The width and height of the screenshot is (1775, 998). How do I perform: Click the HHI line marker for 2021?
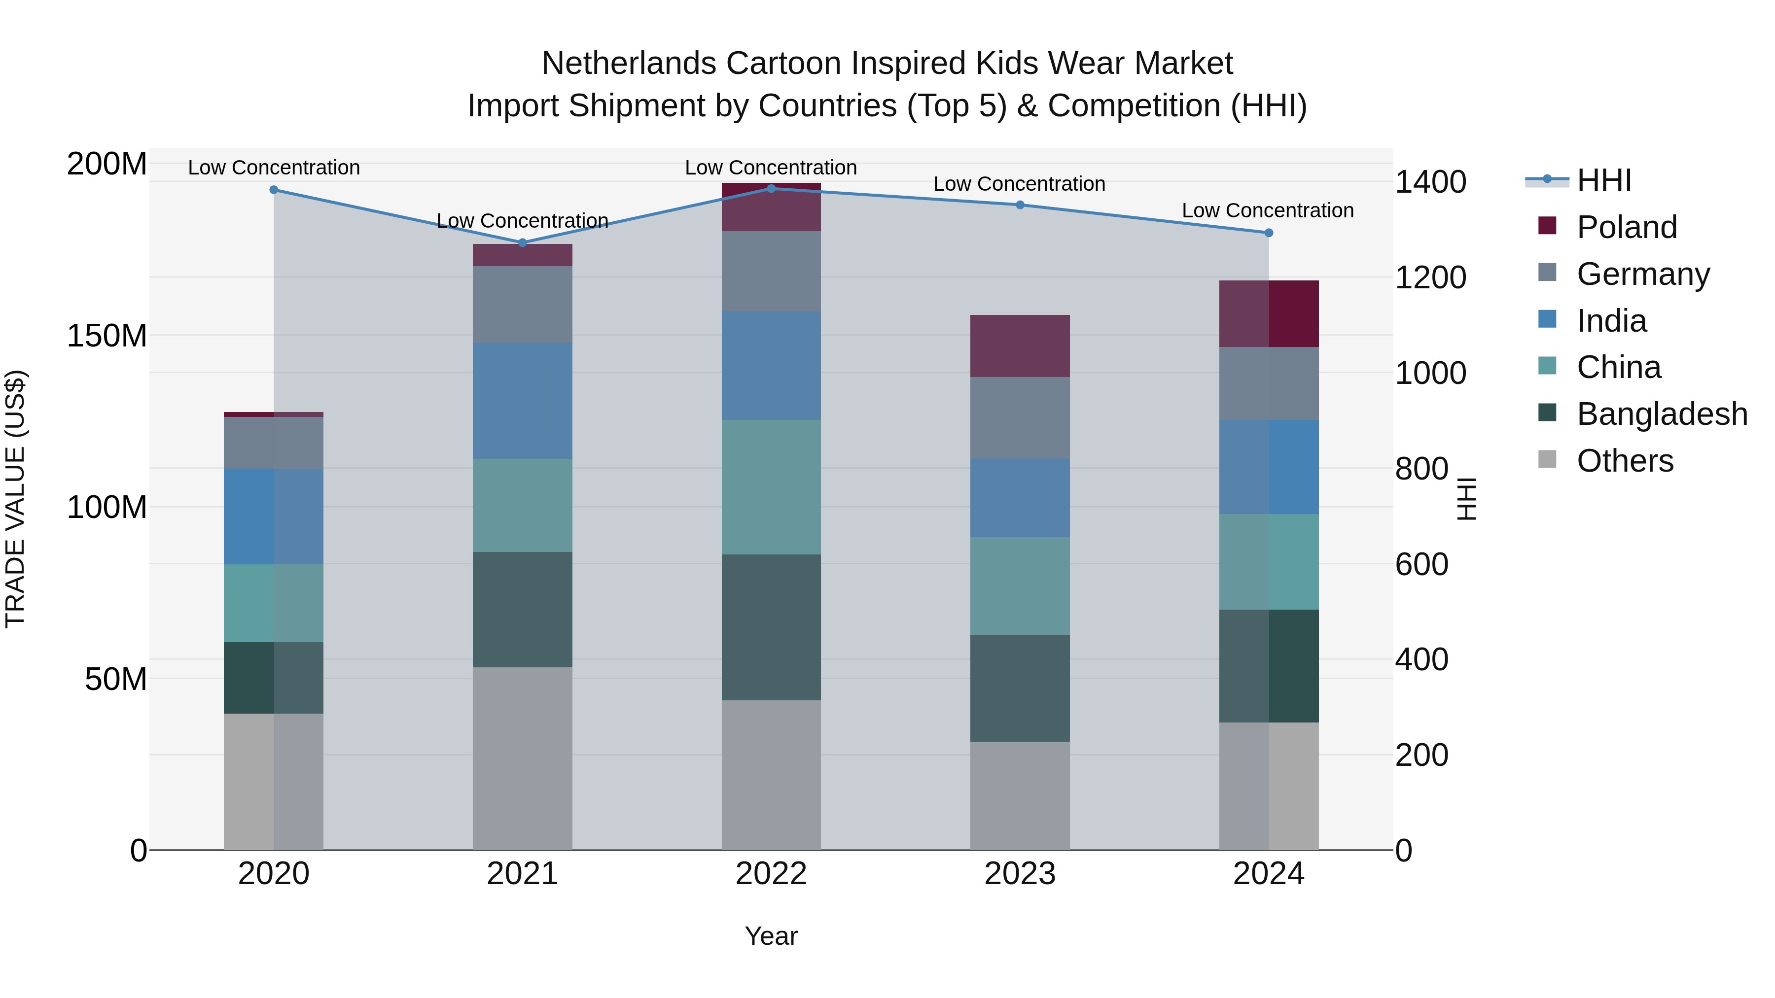[522, 242]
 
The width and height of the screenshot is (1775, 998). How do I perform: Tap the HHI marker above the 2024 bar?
[1269, 233]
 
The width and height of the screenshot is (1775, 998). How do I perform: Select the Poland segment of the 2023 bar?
[1020, 346]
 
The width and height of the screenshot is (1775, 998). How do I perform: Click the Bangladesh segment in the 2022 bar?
[771, 627]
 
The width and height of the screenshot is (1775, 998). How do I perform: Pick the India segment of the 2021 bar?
[522, 400]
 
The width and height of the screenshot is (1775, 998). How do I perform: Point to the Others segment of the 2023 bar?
[1020, 795]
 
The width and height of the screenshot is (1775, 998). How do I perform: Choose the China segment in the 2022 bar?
[771, 487]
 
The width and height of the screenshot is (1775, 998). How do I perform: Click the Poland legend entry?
[1626, 227]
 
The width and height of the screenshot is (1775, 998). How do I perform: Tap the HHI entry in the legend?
[1603, 180]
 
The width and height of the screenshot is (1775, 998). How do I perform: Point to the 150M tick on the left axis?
[107, 336]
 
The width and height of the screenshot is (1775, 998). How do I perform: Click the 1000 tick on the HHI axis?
[1430, 373]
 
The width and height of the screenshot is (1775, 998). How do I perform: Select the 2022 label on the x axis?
[771, 874]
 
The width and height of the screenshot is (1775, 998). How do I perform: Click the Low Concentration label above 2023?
[1019, 184]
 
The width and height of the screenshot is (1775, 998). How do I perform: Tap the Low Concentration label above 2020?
[274, 168]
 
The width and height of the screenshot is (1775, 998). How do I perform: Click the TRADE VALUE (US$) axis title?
[16, 499]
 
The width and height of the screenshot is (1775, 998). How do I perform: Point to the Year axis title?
[771, 936]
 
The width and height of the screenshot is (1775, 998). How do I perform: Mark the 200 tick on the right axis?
[1421, 755]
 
